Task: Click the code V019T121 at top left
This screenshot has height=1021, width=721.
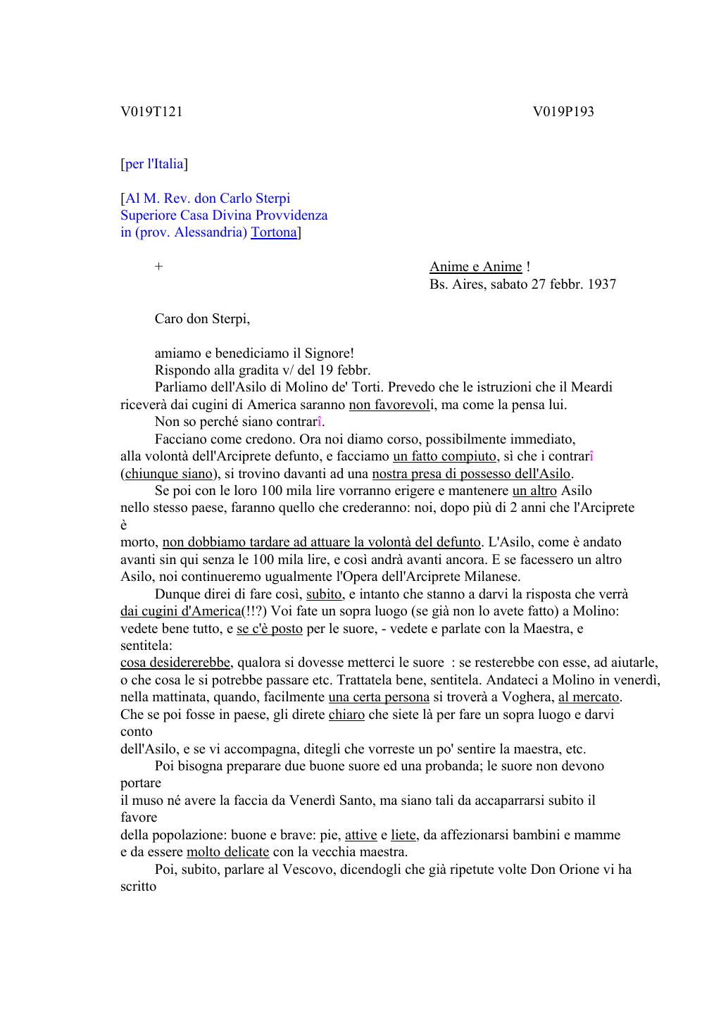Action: tap(151, 112)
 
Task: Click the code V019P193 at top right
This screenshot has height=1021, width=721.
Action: tap(563, 112)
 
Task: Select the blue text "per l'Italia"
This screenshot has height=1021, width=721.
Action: tap(154, 164)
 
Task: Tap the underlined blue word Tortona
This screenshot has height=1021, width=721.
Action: tap(274, 232)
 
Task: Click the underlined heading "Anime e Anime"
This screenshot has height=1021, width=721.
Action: tap(476, 267)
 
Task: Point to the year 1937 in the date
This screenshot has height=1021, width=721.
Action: tap(601, 284)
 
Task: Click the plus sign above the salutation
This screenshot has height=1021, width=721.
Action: tap(159, 267)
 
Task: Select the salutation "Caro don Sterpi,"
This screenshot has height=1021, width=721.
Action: tap(202, 319)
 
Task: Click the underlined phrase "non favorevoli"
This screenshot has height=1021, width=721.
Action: tap(390, 405)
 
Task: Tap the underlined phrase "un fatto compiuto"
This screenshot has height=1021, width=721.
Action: tap(444, 456)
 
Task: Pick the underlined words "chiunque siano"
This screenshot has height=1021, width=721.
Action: tap(168, 474)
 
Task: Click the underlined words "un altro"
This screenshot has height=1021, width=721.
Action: tap(534, 491)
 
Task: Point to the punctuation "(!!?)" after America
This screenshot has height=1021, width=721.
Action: tap(254, 611)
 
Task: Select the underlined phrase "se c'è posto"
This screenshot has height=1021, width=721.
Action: tap(270, 629)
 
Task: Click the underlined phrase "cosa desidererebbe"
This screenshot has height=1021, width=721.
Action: tap(175, 663)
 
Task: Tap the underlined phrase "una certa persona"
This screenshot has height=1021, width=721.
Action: tap(379, 697)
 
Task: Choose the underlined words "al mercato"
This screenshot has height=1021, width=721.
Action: tap(589, 697)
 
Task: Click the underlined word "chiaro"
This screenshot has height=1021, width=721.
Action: tap(346, 715)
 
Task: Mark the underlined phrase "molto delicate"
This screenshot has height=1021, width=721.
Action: tap(227, 852)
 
